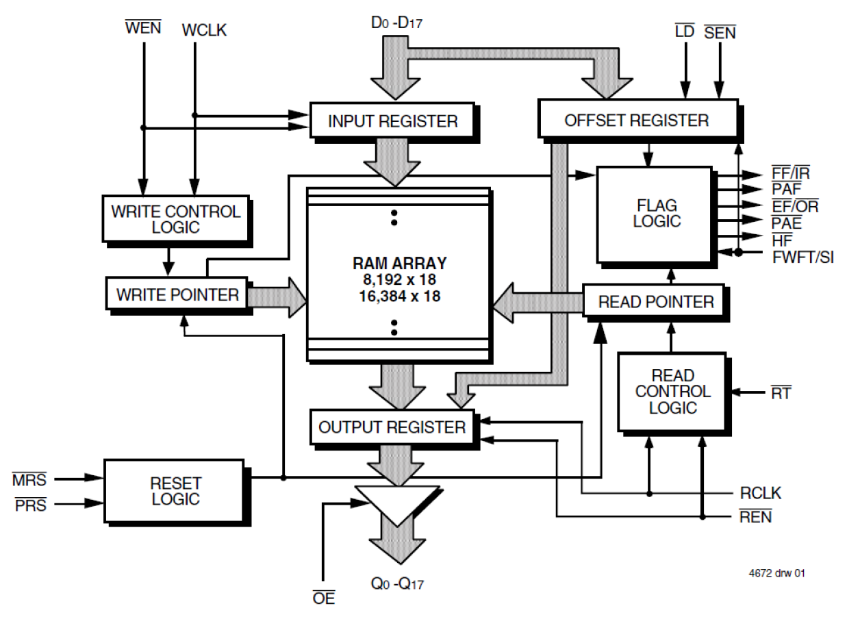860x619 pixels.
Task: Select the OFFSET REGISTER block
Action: (x=637, y=121)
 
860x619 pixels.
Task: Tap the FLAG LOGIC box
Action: (x=656, y=213)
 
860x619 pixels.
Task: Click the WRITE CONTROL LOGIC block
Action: (x=175, y=219)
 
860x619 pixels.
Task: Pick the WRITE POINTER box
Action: (x=177, y=295)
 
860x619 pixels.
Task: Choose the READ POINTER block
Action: (x=655, y=301)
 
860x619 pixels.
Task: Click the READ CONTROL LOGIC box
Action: (x=672, y=392)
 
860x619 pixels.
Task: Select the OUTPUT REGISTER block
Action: (x=392, y=427)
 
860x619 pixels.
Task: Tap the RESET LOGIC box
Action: (x=175, y=491)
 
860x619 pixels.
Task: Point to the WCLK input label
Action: (x=204, y=31)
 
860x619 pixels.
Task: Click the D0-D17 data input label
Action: (x=396, y=23)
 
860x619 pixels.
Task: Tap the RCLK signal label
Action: (x=760, y=493)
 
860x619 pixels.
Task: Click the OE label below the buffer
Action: (x=323, y=598)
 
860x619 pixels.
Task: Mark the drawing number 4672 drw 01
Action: (x=776, y=573)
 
